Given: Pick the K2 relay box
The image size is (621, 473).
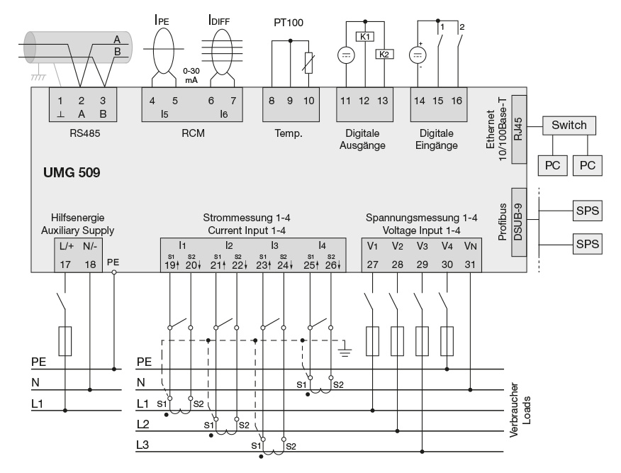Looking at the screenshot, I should click(384, 55).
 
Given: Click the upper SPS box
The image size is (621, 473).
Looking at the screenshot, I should click(586, 211).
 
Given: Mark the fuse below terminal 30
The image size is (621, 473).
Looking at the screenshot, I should click(447, 340).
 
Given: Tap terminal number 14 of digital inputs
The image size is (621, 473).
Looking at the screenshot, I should click(420, 100).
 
